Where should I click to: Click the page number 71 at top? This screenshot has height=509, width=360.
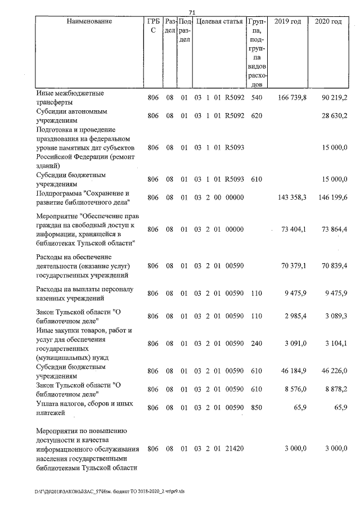(191, 12)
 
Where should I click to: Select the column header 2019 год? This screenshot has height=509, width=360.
(287, 21)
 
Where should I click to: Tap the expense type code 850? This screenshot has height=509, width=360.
(257, 406)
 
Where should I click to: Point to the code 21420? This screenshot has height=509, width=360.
(233, 449)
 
